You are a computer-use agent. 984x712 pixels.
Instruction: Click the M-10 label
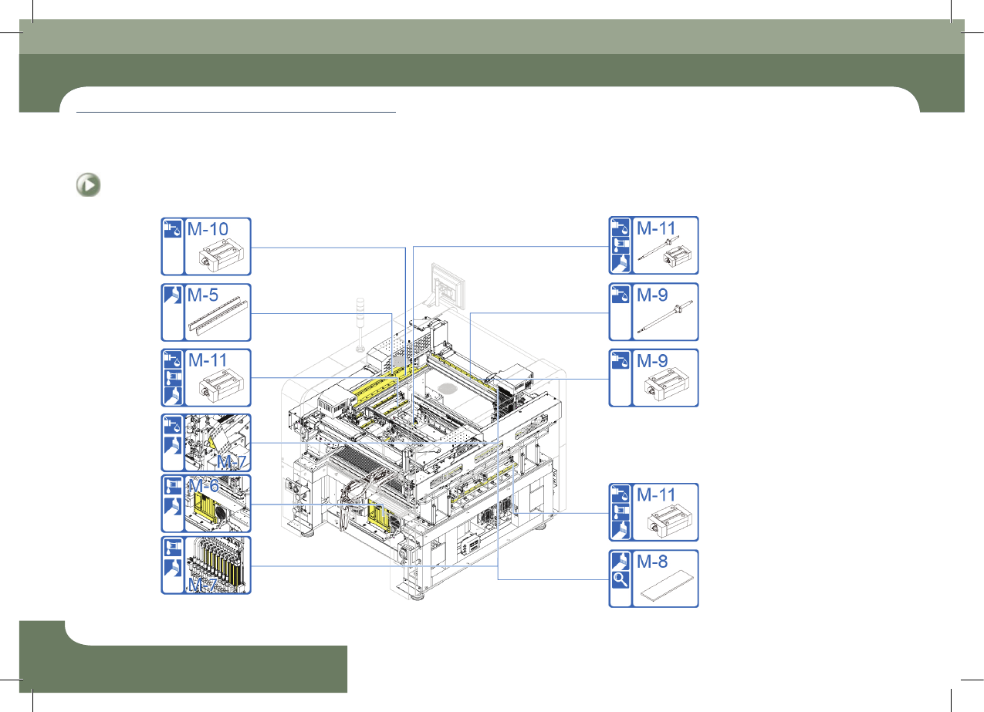tap(208, 229)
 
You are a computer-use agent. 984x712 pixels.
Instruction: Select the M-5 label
tap(203, 295)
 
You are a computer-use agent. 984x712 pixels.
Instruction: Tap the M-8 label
tap(652, 562)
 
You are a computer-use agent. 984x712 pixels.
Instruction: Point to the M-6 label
tap(204, 485)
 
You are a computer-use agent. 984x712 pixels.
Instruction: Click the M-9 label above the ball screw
tap(652, 295)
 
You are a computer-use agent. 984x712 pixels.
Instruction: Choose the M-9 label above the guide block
tap(652, 361)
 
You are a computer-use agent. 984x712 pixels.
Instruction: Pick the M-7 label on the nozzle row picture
tap(202, 584)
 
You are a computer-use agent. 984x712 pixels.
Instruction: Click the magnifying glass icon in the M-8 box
tap(620, 579)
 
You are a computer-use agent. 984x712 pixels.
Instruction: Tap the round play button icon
tap(88, 185)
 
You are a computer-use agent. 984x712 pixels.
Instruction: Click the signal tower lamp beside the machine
tap(360, 325)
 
